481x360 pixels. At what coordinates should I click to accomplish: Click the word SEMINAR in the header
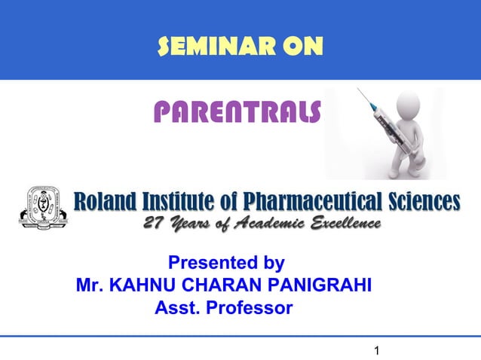pos(205,48)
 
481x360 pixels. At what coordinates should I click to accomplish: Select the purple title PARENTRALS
pos(237,113)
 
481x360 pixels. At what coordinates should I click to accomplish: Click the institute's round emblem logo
pos(42,207)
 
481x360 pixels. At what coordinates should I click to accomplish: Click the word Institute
pos(189,202)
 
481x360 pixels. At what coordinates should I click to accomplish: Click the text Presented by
pos(225,264)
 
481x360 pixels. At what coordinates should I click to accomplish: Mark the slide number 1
pos(377,350)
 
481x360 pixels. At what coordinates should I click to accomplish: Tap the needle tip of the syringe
pos(360,90)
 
